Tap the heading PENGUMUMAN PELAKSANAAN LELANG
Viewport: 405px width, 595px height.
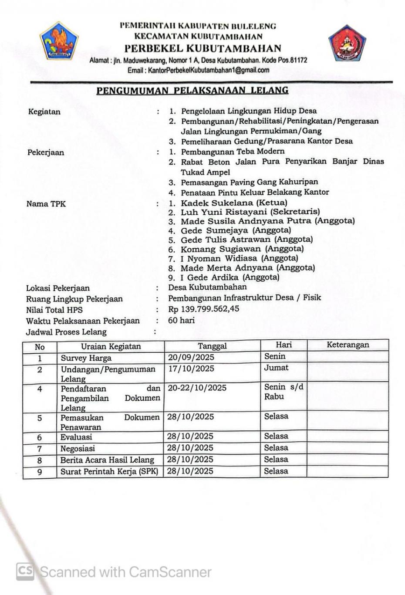[192, 91]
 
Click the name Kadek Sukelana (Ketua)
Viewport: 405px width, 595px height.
[234, 203]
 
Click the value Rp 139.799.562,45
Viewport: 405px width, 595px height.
[204, 309]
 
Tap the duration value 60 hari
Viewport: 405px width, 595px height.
[182, 320]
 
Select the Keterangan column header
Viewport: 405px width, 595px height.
[348, 345]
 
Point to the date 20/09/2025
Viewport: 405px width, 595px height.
[191, 358]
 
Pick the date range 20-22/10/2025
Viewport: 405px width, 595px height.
[197, 388]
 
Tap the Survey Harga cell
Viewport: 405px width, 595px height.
[86, 358]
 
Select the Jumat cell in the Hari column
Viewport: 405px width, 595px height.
[276, 368]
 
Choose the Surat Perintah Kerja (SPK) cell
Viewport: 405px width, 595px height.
[109, 471]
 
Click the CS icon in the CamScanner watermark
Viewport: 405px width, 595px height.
[25, 571]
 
